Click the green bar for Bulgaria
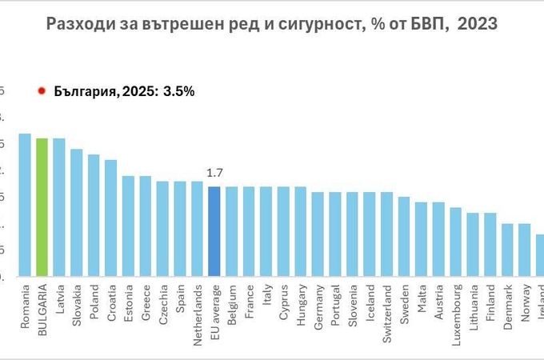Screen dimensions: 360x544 [x=42, y=208]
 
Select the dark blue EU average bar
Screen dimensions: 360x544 [x=214, y=232]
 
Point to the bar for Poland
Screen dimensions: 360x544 [x=94, y=216]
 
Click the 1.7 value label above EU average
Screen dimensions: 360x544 [x=214, y=173]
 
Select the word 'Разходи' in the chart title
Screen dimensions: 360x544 [x=79, y=25]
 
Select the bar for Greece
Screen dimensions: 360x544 [x=146, y=227]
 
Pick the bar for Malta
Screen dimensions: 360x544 [x=421, y=240]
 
